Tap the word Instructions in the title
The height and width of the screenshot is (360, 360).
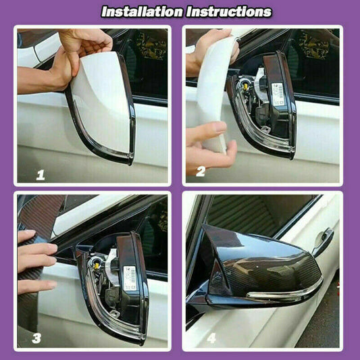(228, 11)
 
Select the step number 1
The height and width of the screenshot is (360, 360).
(40, 175)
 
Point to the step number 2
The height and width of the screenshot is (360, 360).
(200, 172)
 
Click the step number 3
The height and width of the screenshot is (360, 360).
(36, 338)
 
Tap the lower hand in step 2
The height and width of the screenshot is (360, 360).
(209, 145)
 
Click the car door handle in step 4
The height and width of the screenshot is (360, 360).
(322, 240)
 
